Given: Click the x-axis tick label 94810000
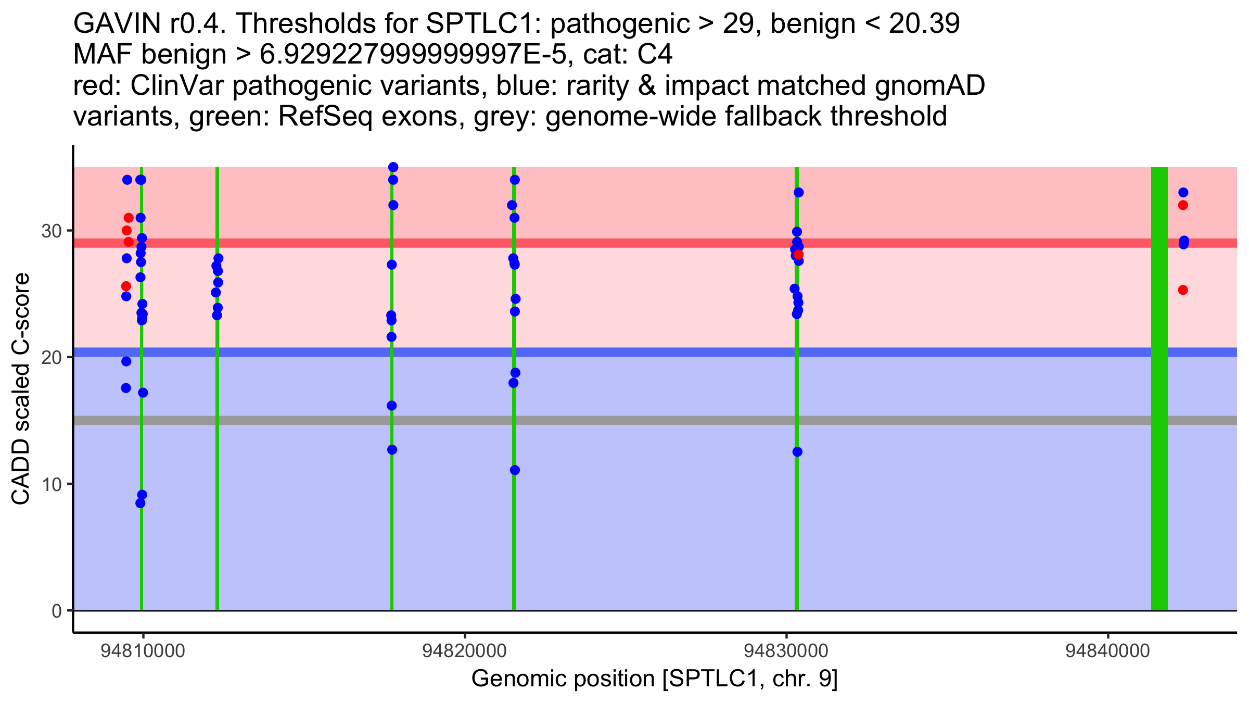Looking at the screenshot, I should (143, 651).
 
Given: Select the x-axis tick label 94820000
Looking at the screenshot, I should (464, 651).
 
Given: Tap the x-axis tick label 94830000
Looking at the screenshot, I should (786, 651).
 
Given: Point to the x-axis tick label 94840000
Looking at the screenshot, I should (1107, 651).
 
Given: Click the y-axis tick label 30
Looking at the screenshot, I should (52, 231).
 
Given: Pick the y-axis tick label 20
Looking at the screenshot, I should (52, 357).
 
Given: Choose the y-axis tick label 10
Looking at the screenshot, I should (52, 484).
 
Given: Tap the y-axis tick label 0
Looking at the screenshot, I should (57, 611).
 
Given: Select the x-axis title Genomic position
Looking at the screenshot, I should (563, 679).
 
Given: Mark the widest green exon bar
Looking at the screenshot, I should (1159, 388).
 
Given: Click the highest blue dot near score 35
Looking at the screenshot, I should (393, 167).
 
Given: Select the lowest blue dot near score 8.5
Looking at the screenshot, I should (141, 503).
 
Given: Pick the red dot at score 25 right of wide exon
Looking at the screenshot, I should (1183, 290).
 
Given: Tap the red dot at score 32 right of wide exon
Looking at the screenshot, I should (1183, 205).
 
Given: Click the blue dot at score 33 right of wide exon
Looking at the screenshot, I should (1183, 193).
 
